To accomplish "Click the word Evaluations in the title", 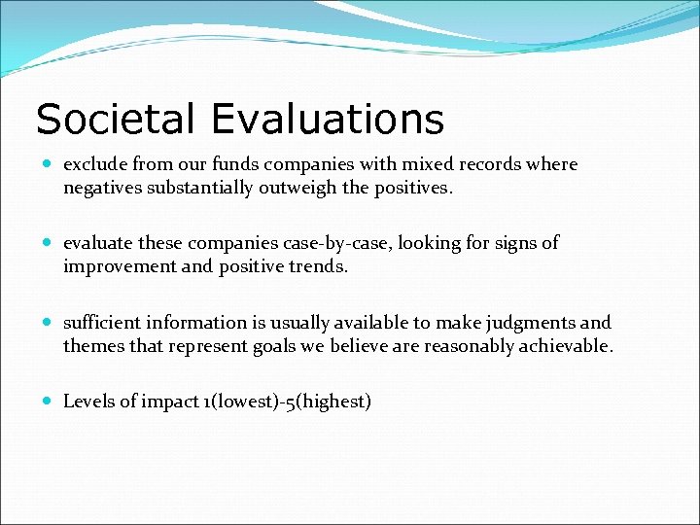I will [327, 120].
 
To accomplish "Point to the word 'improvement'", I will [116, 266].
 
